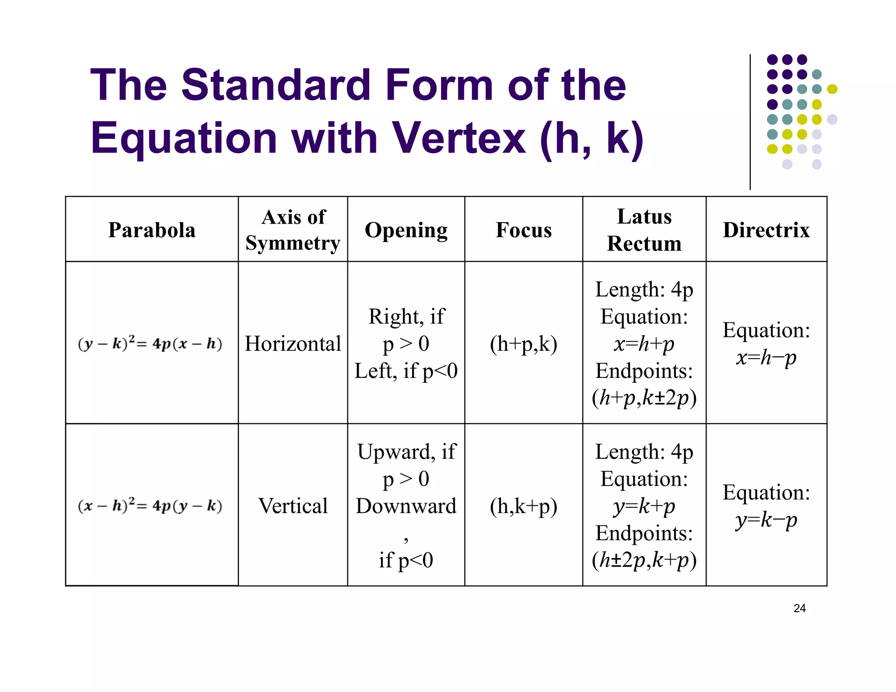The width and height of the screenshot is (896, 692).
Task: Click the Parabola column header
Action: [x=152, y=230]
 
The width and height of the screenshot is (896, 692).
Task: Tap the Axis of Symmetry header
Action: [x=293, y=230]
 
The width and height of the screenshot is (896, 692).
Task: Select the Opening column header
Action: [x=406, y=230]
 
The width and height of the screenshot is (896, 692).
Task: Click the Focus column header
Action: [x=524, y=230]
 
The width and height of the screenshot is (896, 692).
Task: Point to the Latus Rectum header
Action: [x=644, y=230]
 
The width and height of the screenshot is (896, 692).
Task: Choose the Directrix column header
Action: [x=766, y=230]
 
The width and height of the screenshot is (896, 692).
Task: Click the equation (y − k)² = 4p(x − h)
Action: [x=150, y=343]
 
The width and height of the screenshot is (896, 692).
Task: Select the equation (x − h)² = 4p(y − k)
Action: [x=150, y=506]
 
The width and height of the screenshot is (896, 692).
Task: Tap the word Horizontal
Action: [x=293, y=344]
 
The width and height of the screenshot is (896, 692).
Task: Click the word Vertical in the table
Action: [x=293, y=506]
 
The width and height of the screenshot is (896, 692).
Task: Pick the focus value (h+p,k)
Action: [x=524, y=344]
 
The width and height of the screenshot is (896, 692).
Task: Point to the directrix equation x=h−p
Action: [x=766, y=358]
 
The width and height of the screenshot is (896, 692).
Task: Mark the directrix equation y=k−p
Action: [x=766, y=520]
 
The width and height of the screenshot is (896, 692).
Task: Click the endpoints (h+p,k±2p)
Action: [x=644, y=398]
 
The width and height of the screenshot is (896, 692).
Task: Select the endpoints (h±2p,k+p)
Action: [x=644, y=560]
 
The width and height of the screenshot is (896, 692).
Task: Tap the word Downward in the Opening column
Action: [x=406, y=506]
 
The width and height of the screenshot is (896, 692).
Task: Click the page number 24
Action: [x=799, y=608]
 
